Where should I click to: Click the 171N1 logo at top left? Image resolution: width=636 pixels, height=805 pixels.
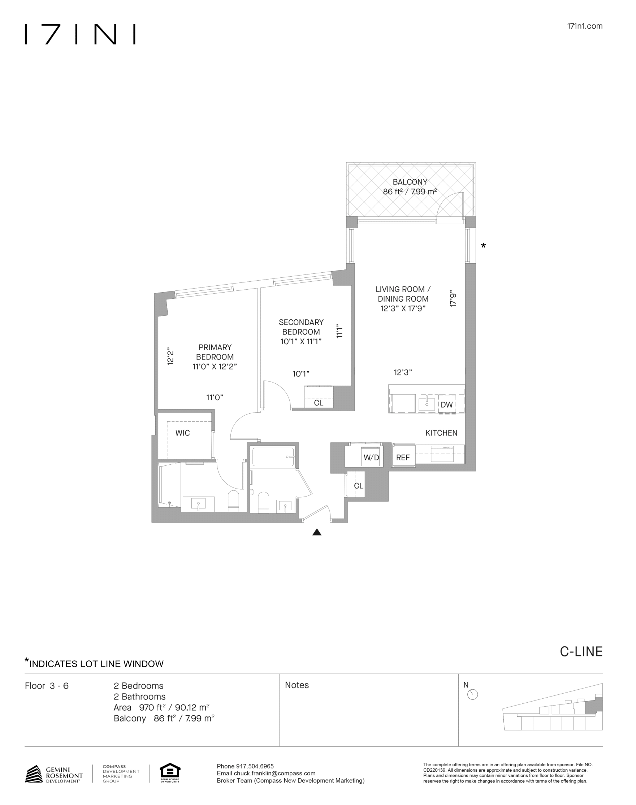pos(80,34)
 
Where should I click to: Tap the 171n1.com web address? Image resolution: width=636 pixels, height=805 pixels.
pos(585,26)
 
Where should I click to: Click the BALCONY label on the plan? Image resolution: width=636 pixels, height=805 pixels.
pos(410,182)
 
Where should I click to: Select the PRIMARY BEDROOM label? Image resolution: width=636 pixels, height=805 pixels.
pos(215,352)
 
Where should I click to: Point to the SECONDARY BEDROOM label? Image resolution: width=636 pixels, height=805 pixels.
pos(301,327)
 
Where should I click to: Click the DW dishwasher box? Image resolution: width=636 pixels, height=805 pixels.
pos(446,405)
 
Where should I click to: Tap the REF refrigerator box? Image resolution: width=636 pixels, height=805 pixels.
pos(403,457)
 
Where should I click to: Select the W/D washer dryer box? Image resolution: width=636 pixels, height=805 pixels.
pos(371,457)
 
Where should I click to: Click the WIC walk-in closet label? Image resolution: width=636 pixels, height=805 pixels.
pos(182,433)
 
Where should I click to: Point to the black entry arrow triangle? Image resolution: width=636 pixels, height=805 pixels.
pos(317,532)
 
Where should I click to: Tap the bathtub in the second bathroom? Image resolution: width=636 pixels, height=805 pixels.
pos(273,457)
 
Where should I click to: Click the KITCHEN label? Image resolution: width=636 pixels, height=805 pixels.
pos(441,433)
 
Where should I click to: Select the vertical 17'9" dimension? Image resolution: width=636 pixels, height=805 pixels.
pos(453,299)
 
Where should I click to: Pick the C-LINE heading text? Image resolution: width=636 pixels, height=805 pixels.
pos(581,652)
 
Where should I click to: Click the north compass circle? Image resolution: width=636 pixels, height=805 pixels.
pos(472,695)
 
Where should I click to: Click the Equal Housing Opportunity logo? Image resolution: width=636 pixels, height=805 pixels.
pos(170,773)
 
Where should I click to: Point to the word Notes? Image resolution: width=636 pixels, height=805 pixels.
pos(297,685)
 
